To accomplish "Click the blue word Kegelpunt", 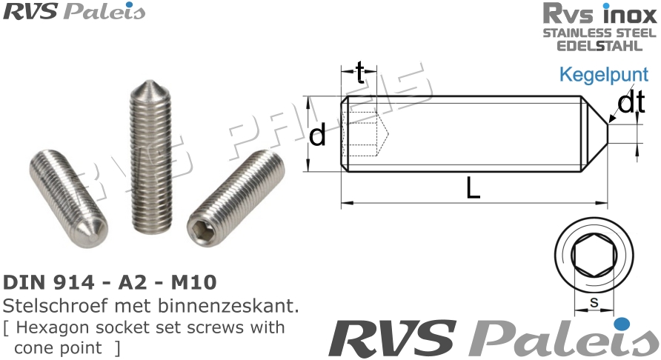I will pyautogui.click(x=604, y=76).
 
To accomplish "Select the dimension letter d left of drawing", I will pyautogui.click(x=318, y=136).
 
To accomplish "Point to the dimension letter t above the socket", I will pyautogui.click(x=360, y=73).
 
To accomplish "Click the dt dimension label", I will pyautogui.click(x=631, y=104).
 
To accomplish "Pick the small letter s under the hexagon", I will pyautogui.click(x=594, y=302).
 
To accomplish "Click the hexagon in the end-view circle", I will pyautogui.click(x=594, y=256).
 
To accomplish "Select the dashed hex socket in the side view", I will pyautogui.click(x=368, y=134).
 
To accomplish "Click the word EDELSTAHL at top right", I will pyautogui.click(x=600, y=45).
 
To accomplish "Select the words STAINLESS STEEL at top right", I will pyautogui.click(x=599, y=33).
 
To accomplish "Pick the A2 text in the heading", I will pyautogui.click(x=133, y=282).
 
